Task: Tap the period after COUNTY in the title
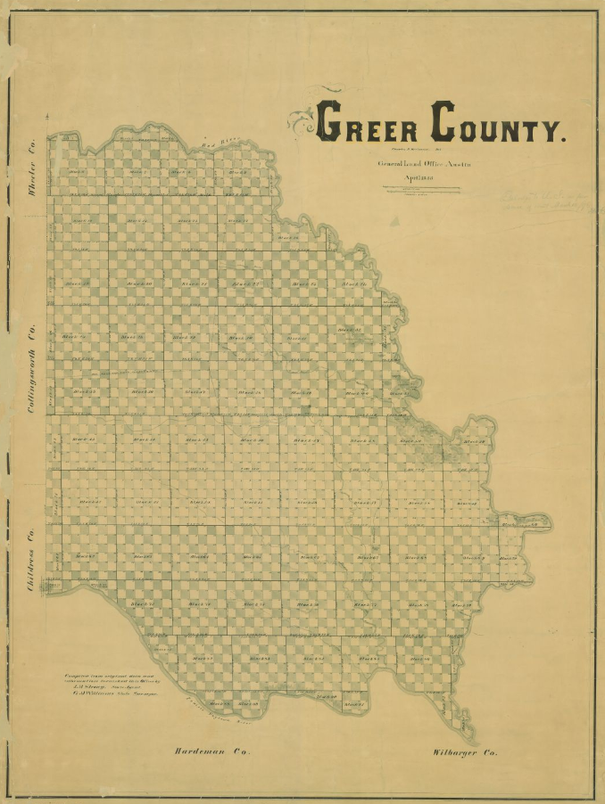(563, 138)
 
